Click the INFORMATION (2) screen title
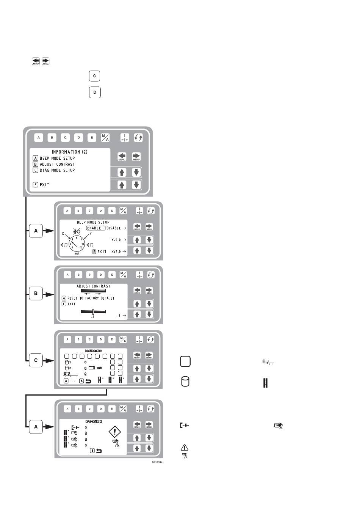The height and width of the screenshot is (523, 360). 70,152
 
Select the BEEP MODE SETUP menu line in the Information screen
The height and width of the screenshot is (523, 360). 57,158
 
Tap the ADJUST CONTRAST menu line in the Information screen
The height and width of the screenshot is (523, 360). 57,164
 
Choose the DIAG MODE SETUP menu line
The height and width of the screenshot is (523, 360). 57,170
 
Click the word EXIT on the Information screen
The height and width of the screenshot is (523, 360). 44,185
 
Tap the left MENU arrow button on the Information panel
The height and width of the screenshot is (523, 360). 122,157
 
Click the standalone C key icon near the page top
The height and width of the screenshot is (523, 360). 95,76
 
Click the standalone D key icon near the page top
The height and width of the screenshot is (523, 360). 95,92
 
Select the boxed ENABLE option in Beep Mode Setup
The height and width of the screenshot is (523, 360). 94,228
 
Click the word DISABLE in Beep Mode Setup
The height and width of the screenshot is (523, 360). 113,228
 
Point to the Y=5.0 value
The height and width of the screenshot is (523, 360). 116,240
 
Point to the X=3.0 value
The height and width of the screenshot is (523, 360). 116,251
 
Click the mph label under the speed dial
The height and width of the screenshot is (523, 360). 77,253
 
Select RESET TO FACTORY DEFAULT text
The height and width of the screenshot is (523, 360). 91,298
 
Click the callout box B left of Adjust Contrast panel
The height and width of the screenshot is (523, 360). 36,293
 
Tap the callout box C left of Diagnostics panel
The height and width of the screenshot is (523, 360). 36,360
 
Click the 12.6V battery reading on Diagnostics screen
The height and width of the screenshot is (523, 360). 99,368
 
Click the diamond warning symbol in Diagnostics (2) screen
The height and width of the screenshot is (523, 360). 114,432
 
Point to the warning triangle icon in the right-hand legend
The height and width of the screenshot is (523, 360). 185,447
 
